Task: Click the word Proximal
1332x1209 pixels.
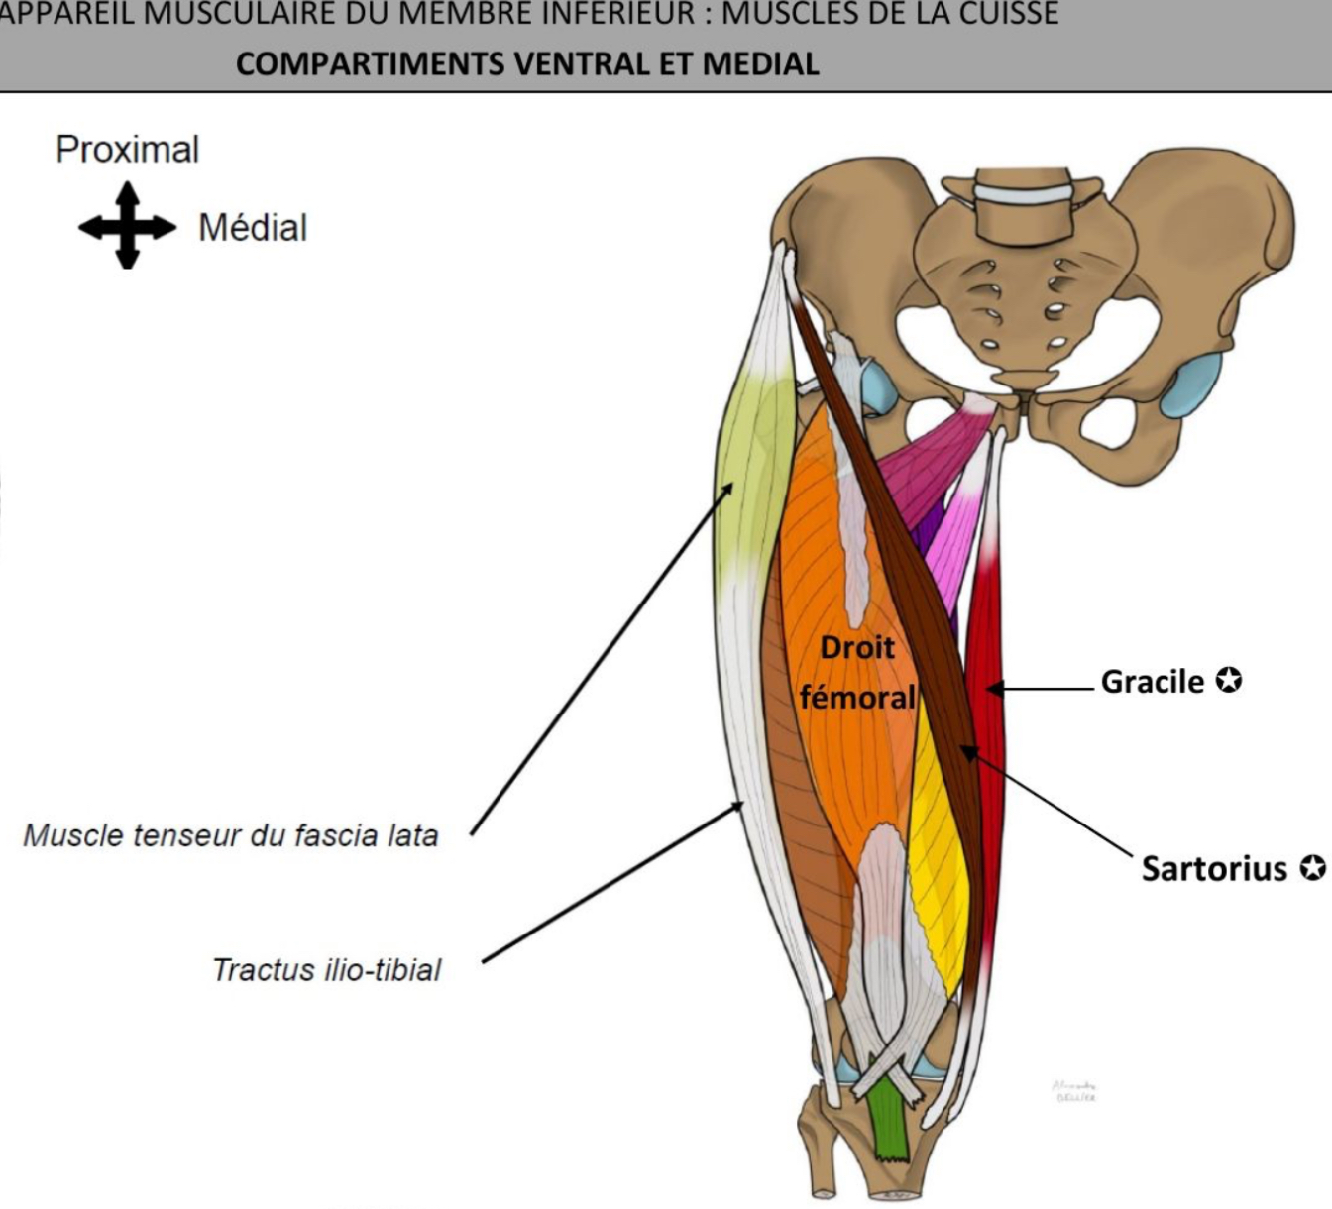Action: click(127, 150)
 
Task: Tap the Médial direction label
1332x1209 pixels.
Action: click(253, 228)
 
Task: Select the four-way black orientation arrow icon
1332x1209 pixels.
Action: click(127, 226)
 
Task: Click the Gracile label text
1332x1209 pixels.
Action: click(1152, 682)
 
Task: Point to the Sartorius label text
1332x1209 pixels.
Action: click(1214, 869)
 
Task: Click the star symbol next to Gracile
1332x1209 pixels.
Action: click(1229, 681)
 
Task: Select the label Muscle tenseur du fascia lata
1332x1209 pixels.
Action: click(230, 836)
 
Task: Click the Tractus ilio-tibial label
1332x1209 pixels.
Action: click(327, 969)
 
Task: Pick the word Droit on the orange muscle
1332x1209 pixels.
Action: click(857, 648)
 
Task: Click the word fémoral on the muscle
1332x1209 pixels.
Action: click(857, 697)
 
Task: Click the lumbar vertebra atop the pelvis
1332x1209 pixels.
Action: click(1023, 208)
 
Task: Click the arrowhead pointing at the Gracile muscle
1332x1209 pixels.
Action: click(992, 688)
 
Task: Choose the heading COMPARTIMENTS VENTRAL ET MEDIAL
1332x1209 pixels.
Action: click(527, 64)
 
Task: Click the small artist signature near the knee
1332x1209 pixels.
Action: click(1074, 1091)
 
